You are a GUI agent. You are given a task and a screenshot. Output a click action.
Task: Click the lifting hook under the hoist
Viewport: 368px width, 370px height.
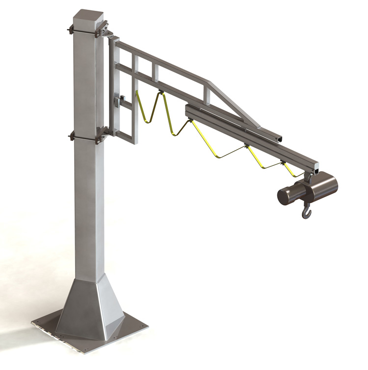click(x=307, y=212)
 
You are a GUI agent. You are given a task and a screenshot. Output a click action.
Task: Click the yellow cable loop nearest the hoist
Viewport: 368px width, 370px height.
click(x=289, y=169)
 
